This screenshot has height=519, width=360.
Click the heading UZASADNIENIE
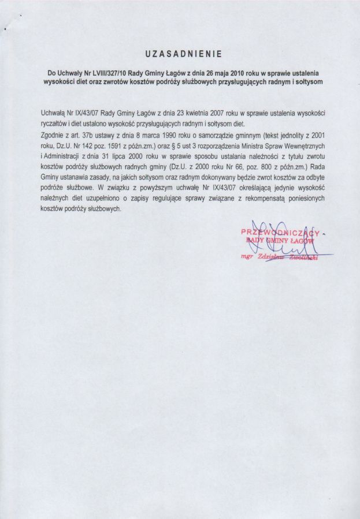(180, 54)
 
